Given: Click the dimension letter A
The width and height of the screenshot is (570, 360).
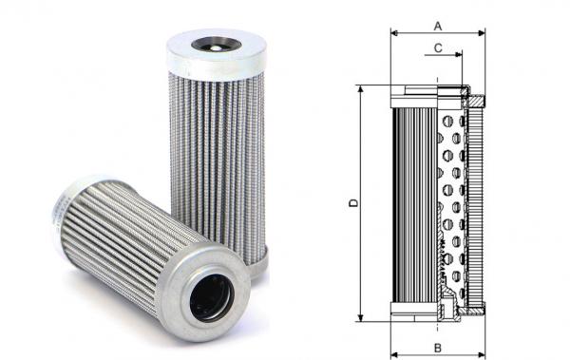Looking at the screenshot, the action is point(438,27).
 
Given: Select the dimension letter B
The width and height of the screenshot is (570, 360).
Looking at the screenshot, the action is point(438,348).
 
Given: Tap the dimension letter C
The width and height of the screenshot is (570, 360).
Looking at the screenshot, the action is point(438,48).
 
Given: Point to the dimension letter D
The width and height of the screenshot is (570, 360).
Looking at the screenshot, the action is point(353,203).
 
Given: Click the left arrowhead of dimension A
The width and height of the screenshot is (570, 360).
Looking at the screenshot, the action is point(394,33).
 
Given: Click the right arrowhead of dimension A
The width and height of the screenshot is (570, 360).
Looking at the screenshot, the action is point(482,33).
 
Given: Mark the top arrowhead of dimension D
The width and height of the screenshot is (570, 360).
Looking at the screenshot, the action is point(360,89).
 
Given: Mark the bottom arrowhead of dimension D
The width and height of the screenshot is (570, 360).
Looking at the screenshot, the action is point(360,317).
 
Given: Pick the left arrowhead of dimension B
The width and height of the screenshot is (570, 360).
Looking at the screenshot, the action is point(394,354).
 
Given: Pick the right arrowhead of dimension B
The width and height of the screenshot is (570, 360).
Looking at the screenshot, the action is point(482,354).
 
